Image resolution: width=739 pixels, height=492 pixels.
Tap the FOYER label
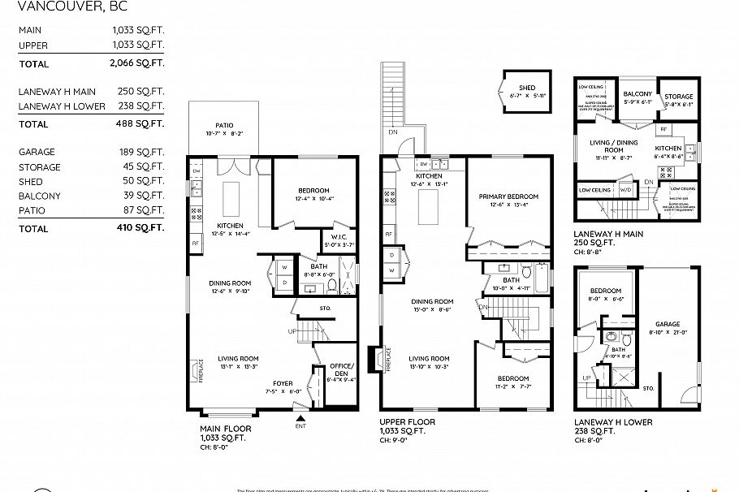283,384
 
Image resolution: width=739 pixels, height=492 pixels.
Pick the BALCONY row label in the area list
39,196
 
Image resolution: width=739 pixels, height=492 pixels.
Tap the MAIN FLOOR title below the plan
225,428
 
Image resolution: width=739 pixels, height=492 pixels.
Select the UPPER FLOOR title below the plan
408,422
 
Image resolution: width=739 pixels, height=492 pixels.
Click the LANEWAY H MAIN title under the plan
608,233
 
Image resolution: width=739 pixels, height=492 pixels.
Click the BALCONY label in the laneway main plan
637,95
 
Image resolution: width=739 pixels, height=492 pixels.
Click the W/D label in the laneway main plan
625,189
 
